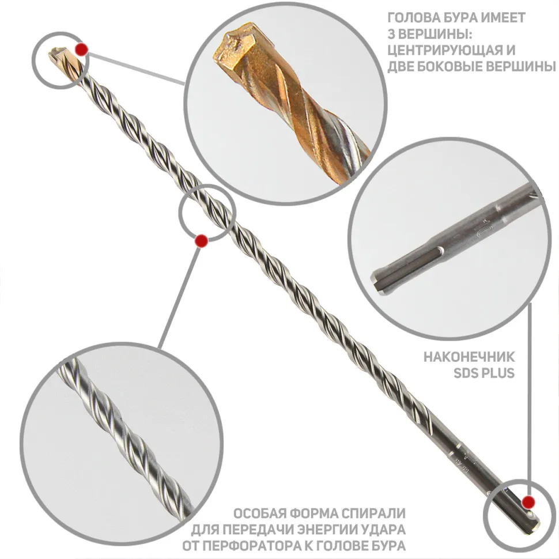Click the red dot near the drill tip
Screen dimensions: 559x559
82,49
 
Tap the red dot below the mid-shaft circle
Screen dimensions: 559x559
202,241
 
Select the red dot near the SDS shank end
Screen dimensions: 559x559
528,502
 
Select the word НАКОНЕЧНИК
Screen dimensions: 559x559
469,357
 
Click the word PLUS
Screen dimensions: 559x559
498,373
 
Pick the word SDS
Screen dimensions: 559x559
466,373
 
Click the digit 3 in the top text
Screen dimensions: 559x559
391,34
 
